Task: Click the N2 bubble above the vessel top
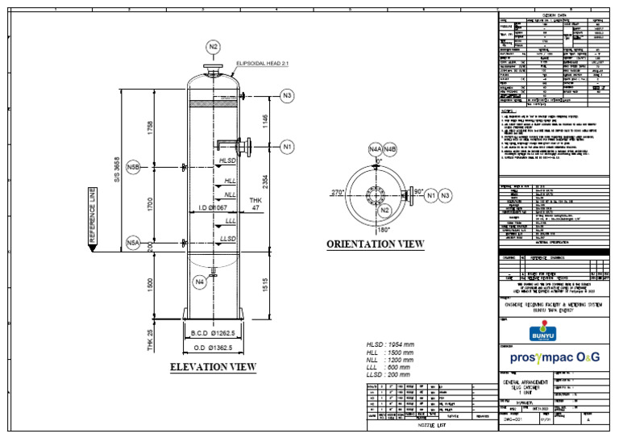coord(213,47)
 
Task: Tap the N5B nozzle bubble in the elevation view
coord(134,167)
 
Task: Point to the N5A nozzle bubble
coord(134,243)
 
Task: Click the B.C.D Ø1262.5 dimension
coord(213,333)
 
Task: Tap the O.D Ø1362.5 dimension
coord(213,348)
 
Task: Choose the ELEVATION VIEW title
coord(213,368)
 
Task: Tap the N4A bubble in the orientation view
coord(375,149)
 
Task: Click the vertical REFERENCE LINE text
coord(92,218)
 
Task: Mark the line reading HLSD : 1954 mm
coord(390,344)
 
